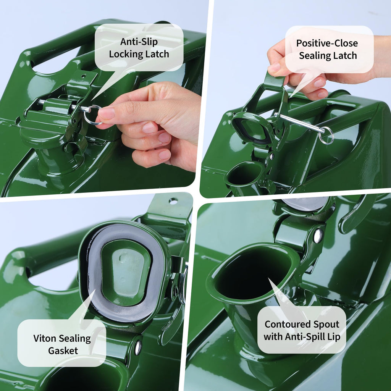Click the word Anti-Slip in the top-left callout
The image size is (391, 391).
point(139,42)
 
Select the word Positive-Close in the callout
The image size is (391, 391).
point(327,43)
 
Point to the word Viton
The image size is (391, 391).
point(45,338)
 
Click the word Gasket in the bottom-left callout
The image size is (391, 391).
point(63,351)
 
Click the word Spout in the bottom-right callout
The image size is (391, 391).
point(326,325)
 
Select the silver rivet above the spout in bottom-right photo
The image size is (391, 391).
point(318,236)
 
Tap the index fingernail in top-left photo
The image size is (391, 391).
point(107,114)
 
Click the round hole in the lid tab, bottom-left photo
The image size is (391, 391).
point(173,201)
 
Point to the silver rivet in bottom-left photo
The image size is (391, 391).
point(138,347)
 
